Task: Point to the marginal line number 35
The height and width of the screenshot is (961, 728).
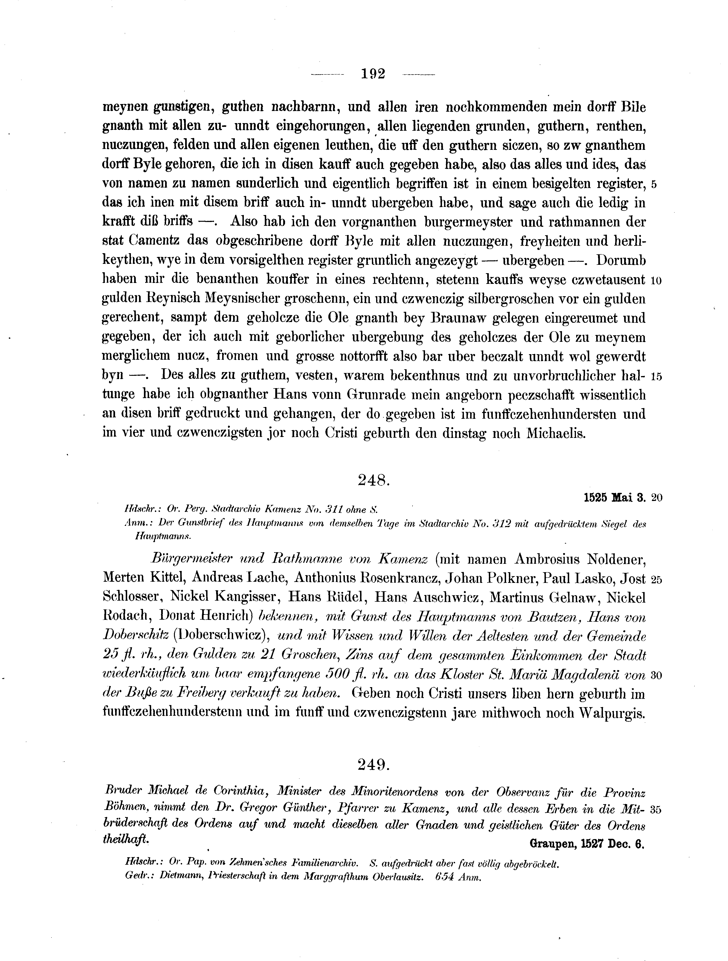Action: (656, 809)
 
